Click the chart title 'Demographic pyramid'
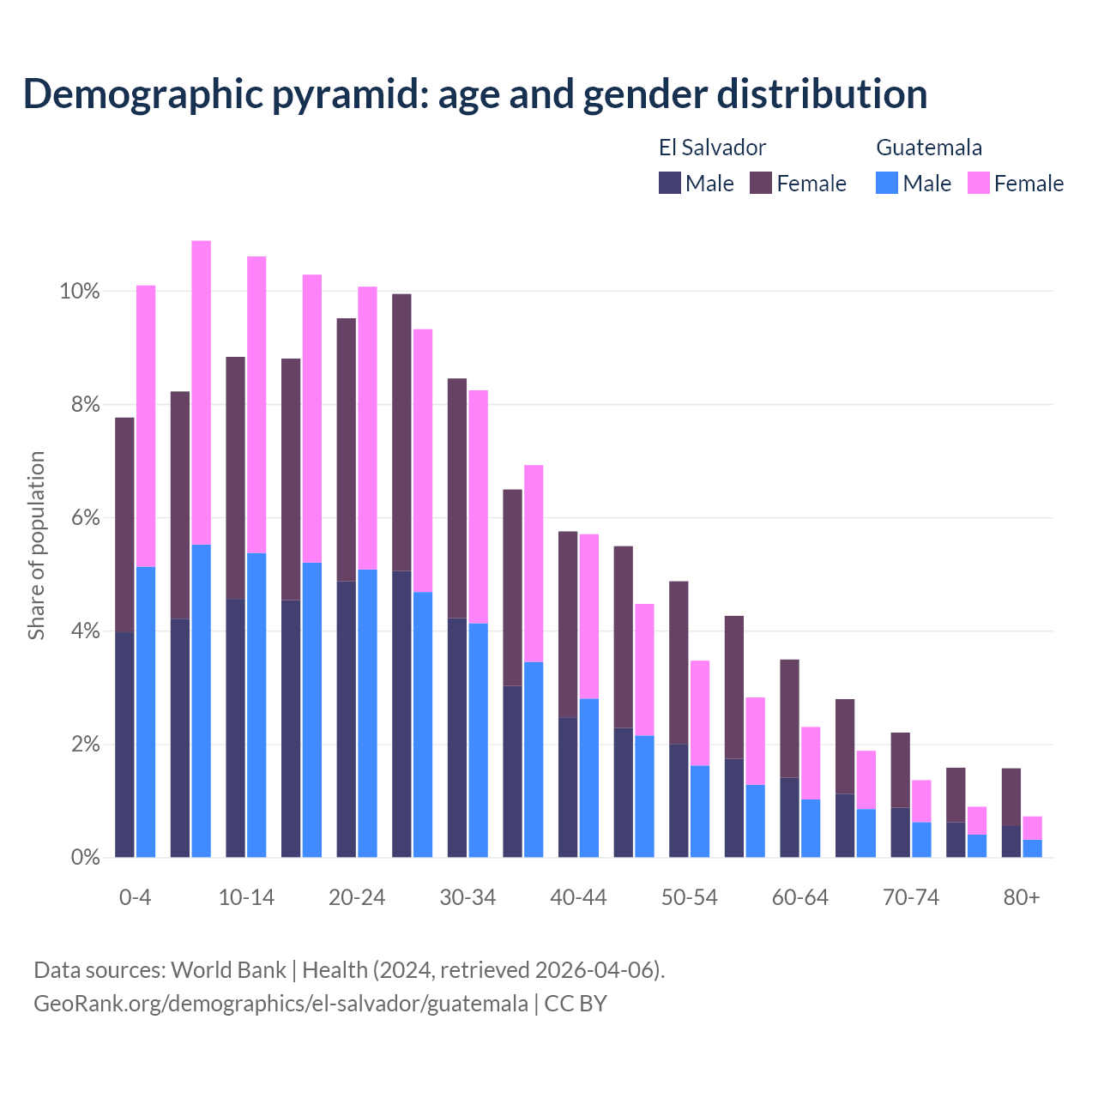[x=474, y=94]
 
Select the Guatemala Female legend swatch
[x=978, y=183]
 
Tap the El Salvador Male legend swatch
[x=669, y=183]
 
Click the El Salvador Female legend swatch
[x=761, y=183]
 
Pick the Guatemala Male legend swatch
[x=887, y=183]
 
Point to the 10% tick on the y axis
[x=80, y=292]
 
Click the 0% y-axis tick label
[x=84, y=857]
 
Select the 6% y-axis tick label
[x=84, y=518]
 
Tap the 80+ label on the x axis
[x=1022, y=898]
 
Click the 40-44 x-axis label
[x=578, y=898]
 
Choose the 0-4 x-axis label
[x=136, y=898]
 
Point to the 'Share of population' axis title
[x=36, y=546]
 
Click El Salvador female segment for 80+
[x=1011, y=797]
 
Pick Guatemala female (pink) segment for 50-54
[x=700, y=713]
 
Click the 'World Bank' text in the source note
[x=228, y=970]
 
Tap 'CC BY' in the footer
[x=576, y=1004]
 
